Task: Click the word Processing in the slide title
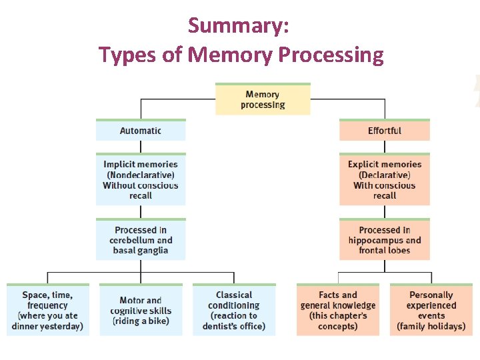click(331, 54)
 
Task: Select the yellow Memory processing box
click(263, 99)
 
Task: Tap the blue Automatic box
click(141, 131)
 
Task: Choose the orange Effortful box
click(385, 131)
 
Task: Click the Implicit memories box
click(141, 180)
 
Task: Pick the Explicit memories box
click(385, 180)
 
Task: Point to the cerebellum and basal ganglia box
click(141, 240)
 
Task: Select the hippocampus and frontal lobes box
click(385, 240)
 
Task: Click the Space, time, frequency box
click(47, 311)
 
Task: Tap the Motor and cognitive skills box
click(141, 311)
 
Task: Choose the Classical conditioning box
click(234, 311)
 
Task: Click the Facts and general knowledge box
click(338, 311)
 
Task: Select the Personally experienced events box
click(431, 311)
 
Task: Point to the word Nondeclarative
click(141, 175)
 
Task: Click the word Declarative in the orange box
click(385, 175)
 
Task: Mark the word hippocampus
click(375, 241)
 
